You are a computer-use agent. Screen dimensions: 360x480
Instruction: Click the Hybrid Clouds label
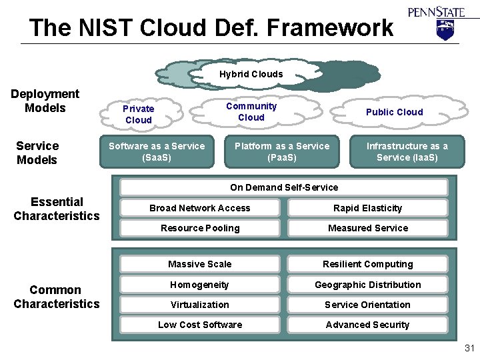pos(251,74)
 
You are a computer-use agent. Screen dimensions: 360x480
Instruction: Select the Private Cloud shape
pos(139,114)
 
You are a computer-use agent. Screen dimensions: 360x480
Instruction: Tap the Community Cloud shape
pos(251,111)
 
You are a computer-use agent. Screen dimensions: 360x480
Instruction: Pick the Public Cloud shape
pos(394,112)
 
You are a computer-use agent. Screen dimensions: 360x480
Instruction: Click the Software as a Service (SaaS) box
pos(157,151)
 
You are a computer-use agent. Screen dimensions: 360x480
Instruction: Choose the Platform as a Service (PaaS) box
pos(282,151)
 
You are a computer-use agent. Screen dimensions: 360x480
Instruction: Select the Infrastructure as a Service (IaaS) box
pos(407,151)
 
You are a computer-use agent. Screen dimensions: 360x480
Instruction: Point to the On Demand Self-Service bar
pos(284,187)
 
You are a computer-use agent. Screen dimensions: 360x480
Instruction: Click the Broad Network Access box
pos(200,208)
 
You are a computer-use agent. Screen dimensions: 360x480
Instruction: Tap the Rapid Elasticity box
pos(368,208)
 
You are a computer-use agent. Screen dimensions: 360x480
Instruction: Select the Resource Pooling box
pos(200,228)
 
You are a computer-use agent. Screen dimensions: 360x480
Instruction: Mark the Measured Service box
pos(368,228)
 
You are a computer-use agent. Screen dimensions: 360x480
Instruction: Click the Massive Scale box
pos(200,264)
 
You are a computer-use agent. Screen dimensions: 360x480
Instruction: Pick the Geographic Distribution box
pos(368,285)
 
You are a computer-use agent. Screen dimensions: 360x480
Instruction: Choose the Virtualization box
pos(200,305)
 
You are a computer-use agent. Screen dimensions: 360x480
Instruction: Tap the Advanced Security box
pos(368,325)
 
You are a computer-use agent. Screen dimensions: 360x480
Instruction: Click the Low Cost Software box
pos(200,325)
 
